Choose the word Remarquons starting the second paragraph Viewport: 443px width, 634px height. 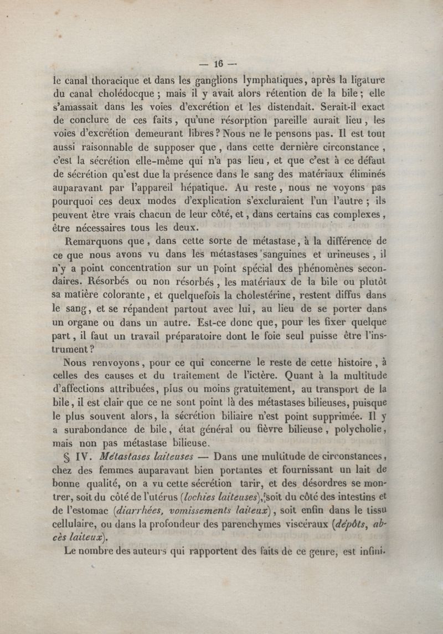point(92,241)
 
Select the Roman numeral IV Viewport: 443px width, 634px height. point(84,458)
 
